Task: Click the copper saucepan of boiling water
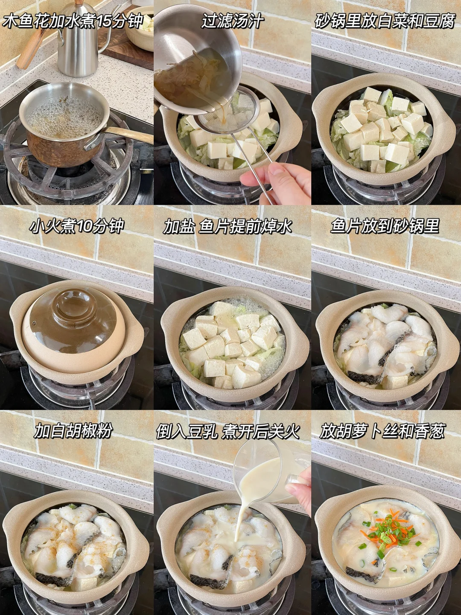pyautogui.click(x=64, y=125)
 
